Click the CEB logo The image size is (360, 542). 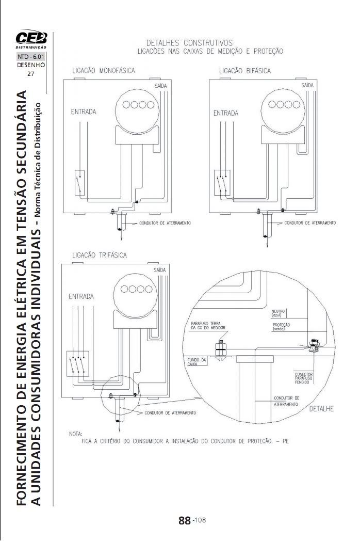tap(30, 39)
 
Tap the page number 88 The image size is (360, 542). tap(185, 520)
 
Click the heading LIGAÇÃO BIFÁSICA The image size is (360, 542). tap(244, 71)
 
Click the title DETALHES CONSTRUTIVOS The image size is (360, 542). tap(189, 43)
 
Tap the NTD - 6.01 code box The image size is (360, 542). tap(31, 56)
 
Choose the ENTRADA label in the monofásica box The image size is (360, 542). tap(83, 111)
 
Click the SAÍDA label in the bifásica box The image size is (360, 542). tap(307, 84)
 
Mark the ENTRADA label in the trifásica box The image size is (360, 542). tap(81, 296)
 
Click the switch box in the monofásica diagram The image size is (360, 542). tap(80, 183)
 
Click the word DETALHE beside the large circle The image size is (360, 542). tap(322, 409)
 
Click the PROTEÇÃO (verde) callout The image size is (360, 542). tap(281, 326)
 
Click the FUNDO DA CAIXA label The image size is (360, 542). tap(197, 361)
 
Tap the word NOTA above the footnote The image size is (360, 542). tap(75, 434)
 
